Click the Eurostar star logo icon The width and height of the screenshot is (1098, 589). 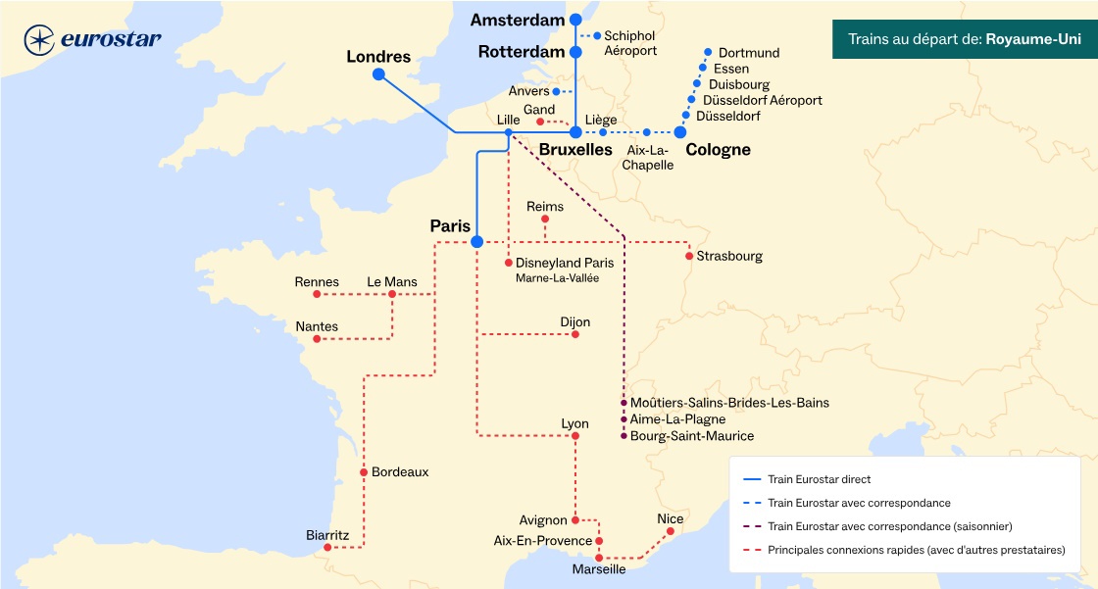pos(39,40)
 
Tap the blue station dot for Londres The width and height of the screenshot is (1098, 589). pos(378,74)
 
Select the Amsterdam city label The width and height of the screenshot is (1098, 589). pos(518,20)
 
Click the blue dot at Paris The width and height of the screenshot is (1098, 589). pos(476,241)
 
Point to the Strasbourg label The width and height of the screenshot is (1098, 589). pos(728,256)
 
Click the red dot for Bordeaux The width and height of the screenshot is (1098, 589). pos(363,472)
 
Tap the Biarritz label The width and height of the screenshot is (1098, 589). pos(327,534)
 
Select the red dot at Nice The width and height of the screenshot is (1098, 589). pos(671,532)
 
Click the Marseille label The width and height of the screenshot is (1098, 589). pos(599,569)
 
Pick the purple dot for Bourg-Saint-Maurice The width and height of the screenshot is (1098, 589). pos(624,435)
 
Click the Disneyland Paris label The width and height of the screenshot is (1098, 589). pos(565,263)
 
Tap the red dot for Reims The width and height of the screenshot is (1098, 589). pos(545,220)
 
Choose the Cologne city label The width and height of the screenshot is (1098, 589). pos(718,150)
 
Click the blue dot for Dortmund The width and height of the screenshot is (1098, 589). pos(708,52)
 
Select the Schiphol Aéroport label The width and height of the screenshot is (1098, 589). pos(629,42)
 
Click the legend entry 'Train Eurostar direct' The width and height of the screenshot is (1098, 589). pos(820,480)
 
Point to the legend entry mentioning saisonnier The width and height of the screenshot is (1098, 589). pos(890,526)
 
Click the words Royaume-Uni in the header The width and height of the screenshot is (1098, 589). pos(1033,41)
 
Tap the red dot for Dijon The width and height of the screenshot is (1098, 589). pos(575,335)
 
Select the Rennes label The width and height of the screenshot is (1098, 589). pos(317,282)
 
